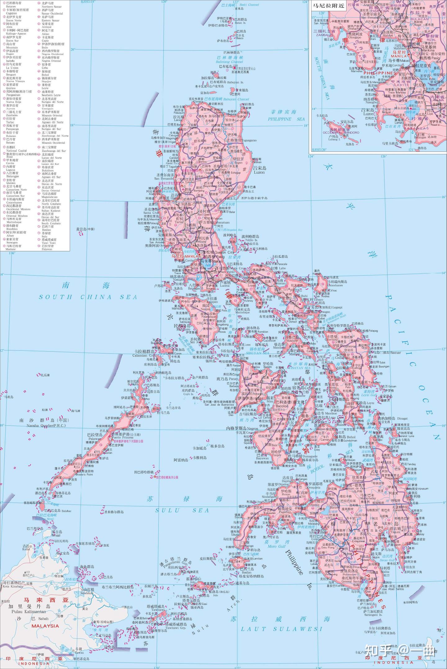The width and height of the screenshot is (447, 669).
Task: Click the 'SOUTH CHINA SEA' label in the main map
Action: (x=88, y=297)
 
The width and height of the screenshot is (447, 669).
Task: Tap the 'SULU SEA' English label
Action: (x=182, y=511)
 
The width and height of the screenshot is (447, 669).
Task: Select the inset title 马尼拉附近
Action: (x=329, y=6)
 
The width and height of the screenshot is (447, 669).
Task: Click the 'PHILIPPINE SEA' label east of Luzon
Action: (x=286, y=119)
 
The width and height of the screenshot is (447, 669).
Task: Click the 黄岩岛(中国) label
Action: (x=85, y=229)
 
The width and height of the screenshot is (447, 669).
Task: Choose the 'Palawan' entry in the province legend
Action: (x=47, y=249)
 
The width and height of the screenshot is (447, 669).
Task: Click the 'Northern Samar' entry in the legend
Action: (x=52, y=7)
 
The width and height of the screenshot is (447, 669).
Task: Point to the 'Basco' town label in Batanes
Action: (x=240, y=38)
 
